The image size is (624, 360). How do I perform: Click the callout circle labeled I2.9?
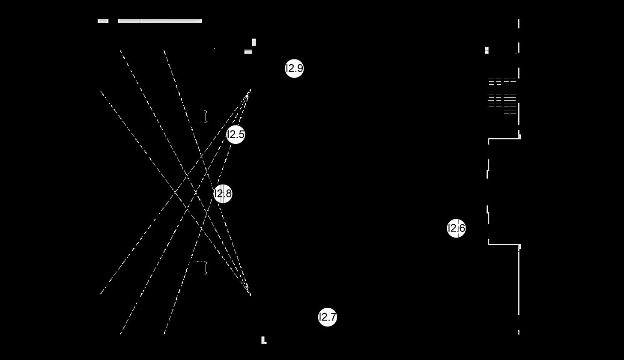[294, 68]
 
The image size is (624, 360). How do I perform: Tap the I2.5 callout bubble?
[236, 134]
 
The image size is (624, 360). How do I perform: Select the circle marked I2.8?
[223, 193]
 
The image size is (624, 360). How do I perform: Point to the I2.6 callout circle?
[456, 228]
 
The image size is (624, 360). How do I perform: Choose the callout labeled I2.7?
[328, 317]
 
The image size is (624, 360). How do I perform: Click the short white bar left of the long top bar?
[103, 21]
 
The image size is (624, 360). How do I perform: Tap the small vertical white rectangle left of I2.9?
[254, 42]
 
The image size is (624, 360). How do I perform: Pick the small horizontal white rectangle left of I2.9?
[248, 52]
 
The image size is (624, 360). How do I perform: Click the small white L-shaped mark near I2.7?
[264, 340]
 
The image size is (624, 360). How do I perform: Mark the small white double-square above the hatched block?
[487, 51]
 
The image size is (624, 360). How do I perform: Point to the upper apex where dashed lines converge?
[250, 90]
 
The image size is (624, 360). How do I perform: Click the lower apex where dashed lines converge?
[250, 294]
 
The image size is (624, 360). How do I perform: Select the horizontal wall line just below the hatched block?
[504, 138]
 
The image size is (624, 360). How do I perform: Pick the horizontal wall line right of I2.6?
[504, 244]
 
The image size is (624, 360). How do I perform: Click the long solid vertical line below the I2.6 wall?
[519, 283]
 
